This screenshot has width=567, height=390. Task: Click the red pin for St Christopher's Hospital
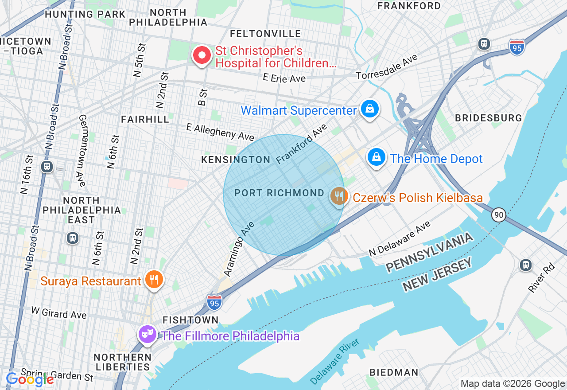tap(202, 56)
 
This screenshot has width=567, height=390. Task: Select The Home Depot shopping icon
tap(376, 157)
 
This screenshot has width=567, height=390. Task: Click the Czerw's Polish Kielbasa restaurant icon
tap(339, 196)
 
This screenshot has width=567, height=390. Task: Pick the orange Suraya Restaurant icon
tap(154, 279)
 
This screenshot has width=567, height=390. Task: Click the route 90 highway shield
tap(498, 215)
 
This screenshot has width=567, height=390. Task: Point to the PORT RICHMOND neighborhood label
tap(279, 193)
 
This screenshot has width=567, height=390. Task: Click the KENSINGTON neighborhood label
tap(236, 160)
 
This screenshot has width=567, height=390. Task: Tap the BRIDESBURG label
tap(489, 118)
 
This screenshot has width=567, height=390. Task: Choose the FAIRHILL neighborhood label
tap(145, 119)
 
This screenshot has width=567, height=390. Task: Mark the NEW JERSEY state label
tap(437, 276)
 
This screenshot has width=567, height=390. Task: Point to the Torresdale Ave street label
tap(387, 67)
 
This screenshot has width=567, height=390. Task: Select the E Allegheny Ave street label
tap(220, 132)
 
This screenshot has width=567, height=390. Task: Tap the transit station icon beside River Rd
tap(525, 265)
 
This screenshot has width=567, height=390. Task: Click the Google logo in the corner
tap(30, 379)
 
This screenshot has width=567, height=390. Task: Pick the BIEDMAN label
tap(394, 372)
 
